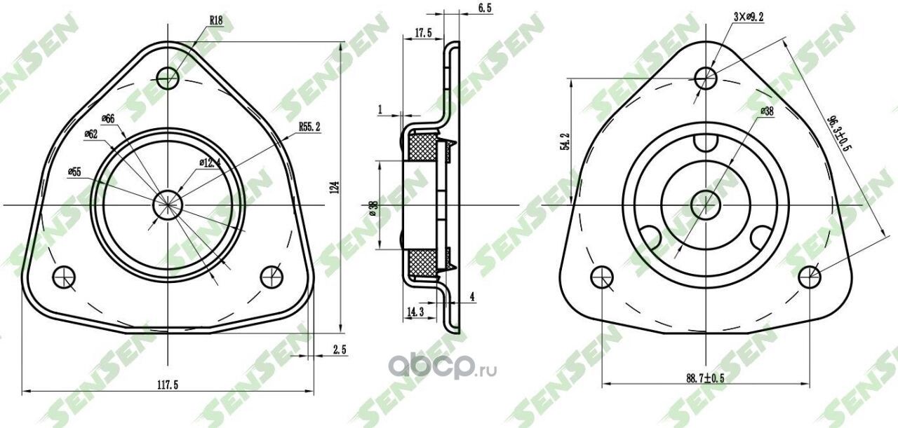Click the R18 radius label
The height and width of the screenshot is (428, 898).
[216, 21]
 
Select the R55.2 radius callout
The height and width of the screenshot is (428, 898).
[309, 127]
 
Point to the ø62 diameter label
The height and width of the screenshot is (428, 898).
[91, 134]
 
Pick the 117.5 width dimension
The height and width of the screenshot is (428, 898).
[166, 385]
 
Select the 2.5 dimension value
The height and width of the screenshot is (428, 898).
[339, 349]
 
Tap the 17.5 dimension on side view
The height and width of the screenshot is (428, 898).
[422, 32]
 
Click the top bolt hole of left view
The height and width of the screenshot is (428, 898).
[168, 77]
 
